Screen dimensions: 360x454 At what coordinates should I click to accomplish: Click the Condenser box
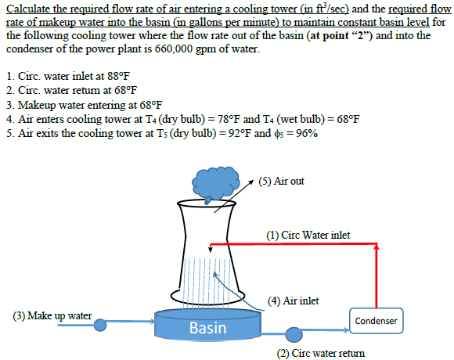tap(377, 321)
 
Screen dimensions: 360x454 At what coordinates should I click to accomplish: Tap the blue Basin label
tap(207, 328)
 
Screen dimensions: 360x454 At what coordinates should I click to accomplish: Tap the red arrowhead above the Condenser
tap(377, 248)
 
